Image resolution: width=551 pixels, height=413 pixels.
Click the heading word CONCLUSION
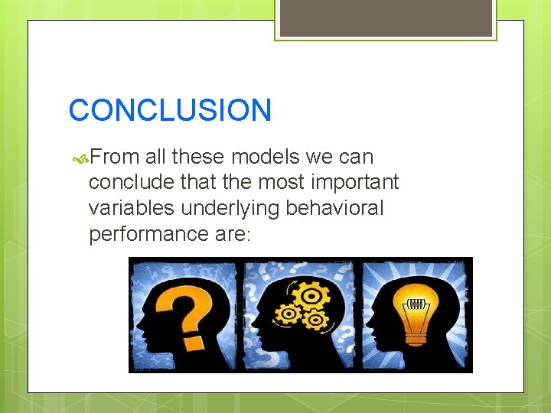(170, 110)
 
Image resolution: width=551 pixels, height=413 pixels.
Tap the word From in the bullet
(115, 158)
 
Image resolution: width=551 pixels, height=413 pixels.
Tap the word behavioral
(341, 207)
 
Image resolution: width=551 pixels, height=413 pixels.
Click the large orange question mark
(186, 306)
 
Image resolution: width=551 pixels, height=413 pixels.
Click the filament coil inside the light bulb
(416, 304)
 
